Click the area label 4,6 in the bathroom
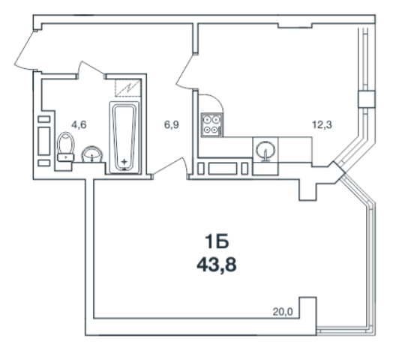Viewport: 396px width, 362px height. point(79,124)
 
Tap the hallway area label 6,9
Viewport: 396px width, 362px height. point(172,124)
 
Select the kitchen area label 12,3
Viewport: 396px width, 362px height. point(322,124)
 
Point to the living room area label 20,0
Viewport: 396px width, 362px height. point(283,313)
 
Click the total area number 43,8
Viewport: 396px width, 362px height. point(217,265)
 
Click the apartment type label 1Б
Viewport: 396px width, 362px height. point(217,241)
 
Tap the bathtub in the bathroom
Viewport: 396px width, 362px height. point(124,138)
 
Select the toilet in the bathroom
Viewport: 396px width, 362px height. point(66,147)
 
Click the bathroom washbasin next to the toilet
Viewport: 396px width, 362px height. point(92,154)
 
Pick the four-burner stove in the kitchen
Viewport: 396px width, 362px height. point(212,124)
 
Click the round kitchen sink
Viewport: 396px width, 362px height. point(265,151)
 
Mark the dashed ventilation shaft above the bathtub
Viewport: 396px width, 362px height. point(128,88)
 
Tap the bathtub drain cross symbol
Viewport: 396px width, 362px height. point(124,162)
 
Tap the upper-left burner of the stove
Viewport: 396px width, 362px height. point(208,119)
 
